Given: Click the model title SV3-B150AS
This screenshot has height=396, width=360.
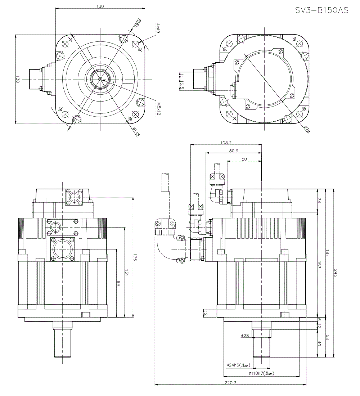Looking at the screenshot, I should point(322,10).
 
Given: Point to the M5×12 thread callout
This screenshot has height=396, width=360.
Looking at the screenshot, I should point(158,108).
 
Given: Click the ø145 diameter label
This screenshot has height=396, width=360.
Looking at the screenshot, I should point(136,132).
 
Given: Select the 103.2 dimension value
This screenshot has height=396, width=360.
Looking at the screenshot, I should point(225,143).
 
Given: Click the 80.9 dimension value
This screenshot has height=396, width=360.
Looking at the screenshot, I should point(233,151).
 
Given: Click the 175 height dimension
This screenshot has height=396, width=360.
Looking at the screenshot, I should point(135,257).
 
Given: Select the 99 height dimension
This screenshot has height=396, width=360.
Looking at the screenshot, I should point(118,283).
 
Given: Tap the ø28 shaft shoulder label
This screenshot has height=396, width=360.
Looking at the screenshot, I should point(245,336).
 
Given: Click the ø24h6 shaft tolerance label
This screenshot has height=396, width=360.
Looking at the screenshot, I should point(238,365).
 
